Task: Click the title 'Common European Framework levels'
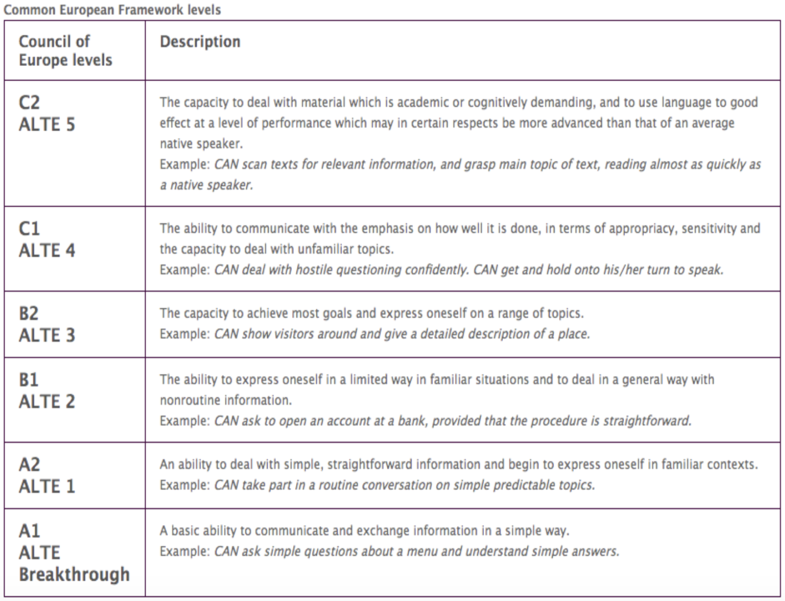pos(112,10)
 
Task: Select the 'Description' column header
pos(200,42)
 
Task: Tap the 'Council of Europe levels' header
pos(65,51)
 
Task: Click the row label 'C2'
pos(29,103)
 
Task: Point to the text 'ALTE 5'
pos(47,125)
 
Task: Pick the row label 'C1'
pos(29,229)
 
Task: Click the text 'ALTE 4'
pos(47,251)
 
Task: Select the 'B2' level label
pos(29,314)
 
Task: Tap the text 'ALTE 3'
pos(47,335)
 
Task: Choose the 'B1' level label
pos(29,380)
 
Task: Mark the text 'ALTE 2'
pos(47,402)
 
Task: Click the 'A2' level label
pos(29,465)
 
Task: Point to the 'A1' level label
pos(29,531)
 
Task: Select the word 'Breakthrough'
pos(75,574)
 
